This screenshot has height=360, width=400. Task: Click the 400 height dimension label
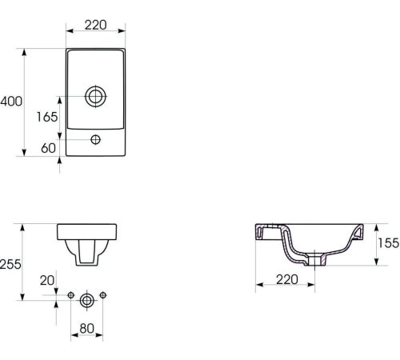[11, 102]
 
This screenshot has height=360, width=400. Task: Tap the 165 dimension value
[47, 117]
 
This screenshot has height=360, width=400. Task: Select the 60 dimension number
[49, 148]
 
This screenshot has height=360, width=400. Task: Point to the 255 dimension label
[10, 264]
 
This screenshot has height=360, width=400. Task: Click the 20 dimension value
[47, 281]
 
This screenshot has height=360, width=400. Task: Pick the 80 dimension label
[87, 329]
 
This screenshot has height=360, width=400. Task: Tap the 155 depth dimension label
[389, 243]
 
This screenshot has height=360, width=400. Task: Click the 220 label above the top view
[95, 25]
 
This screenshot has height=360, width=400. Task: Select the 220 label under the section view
[287, 280]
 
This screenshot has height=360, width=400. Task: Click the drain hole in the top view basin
[96, 96]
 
